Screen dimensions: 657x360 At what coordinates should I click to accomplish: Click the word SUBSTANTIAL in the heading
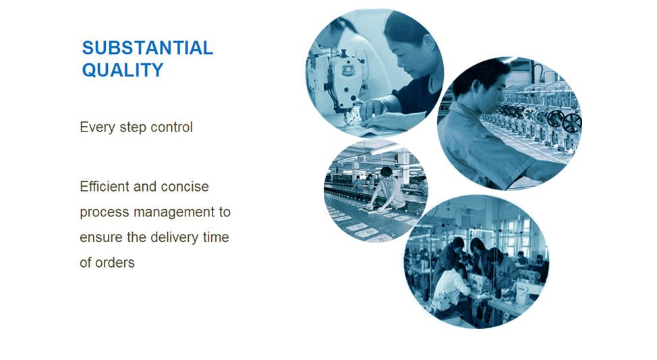pos(148,48)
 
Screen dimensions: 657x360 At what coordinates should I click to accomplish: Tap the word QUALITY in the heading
pos(123,70)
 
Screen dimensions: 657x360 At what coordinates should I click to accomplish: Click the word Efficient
pos(105,186)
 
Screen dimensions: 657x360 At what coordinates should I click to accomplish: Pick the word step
pos(133,127)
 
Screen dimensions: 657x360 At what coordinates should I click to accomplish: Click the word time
pos(216,237)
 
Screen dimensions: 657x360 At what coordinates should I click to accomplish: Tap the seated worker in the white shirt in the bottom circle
pos(451,289)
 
